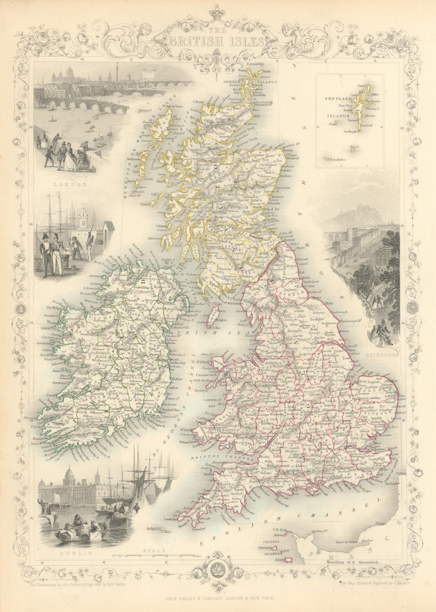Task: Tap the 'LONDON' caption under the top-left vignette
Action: coord(76,184)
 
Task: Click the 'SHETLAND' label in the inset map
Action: coord(335,99)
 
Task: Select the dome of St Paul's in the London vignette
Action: coord(70,72)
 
